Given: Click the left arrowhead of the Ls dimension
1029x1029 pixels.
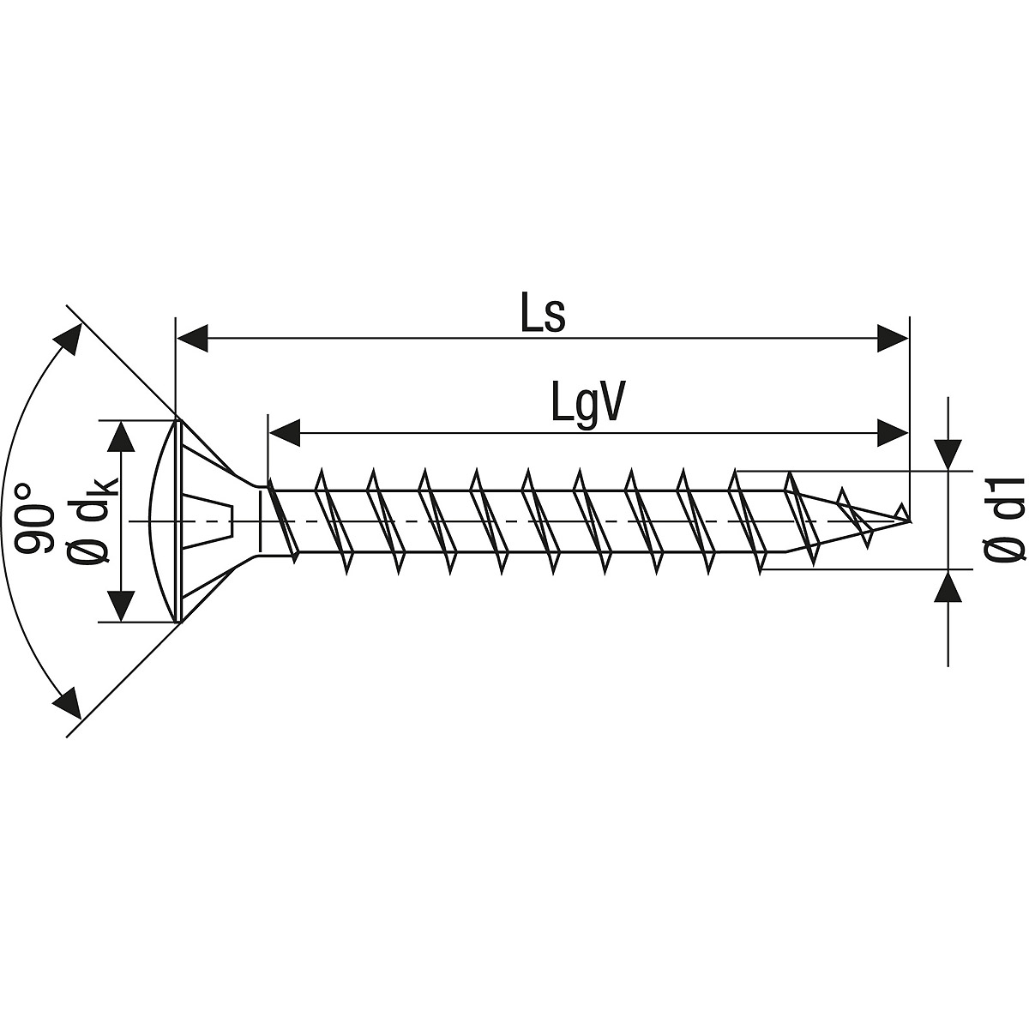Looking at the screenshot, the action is (193, 338).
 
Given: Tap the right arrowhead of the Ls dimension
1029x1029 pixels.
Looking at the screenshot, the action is (893, 338).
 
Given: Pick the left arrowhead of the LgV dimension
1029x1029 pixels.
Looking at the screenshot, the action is (284, 433).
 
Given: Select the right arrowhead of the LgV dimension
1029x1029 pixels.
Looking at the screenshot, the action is (893, 433).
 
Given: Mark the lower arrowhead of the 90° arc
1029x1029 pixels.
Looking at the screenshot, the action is (67, 703).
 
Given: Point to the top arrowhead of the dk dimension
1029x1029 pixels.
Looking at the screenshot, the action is (123, 438).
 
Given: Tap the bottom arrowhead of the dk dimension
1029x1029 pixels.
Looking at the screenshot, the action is (123, 605).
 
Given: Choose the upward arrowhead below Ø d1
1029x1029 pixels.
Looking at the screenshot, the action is (948, 587).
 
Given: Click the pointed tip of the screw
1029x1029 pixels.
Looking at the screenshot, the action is (910, 521).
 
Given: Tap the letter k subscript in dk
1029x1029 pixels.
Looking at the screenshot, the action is (108, 487).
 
